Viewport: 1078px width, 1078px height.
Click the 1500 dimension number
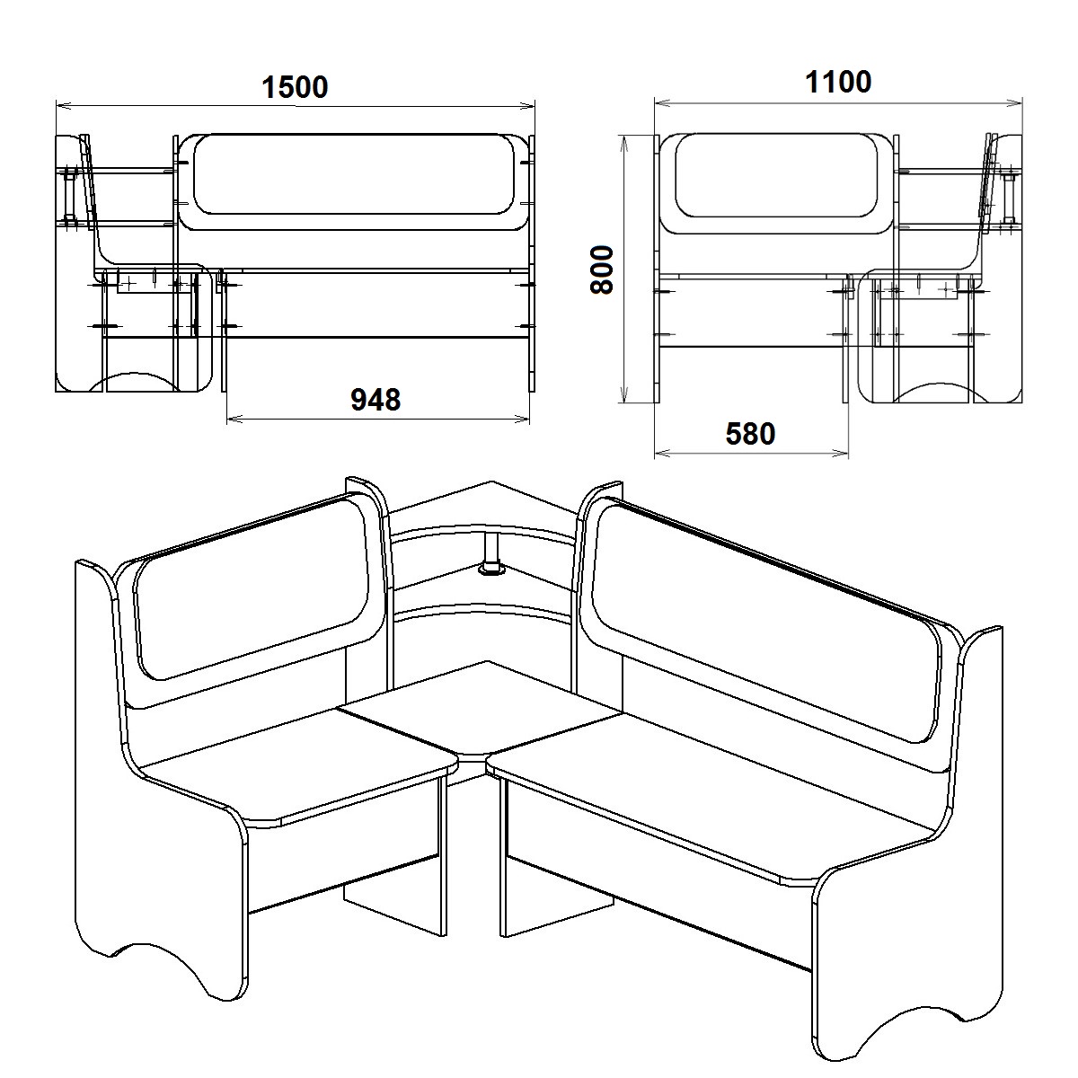[295, 87]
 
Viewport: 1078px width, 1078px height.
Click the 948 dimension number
[376, 400]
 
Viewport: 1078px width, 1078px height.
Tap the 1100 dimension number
[838, 83]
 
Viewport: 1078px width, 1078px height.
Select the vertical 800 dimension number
[603, 269]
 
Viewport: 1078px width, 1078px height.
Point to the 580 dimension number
[750, 434]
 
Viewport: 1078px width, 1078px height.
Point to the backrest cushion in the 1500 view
[354, 173]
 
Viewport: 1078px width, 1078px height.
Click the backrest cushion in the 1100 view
[776, 175]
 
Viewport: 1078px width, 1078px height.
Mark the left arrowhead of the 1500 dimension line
[63, 105]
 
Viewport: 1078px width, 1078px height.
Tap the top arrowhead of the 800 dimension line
[625, 142]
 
